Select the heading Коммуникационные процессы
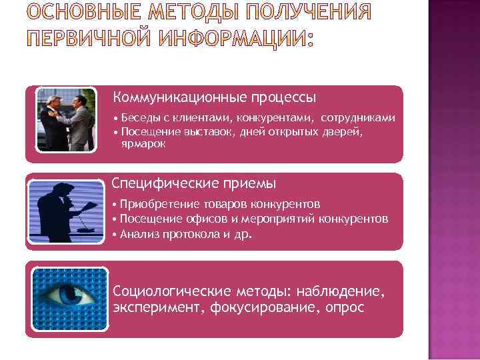pos(214,97)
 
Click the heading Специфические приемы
pos(193,183)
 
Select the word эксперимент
pos(158,307)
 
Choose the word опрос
pos(345,307)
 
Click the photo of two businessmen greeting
pos(65,119)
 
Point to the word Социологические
pos(174,291)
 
